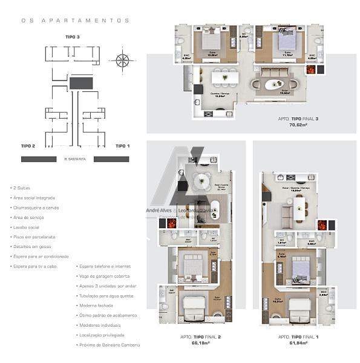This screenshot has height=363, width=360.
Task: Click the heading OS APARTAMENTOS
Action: coord(75,20)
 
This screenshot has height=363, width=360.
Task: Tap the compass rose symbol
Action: coord(122,60)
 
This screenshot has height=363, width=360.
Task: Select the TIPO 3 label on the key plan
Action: coord(73,37)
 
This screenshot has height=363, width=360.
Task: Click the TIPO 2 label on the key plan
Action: coord(28,146)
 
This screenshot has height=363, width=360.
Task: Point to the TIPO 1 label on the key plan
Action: coord(123,146)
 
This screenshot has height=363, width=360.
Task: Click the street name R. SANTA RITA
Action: coord(74,159)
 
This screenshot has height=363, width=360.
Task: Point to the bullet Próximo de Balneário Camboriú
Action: coord(110,345)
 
